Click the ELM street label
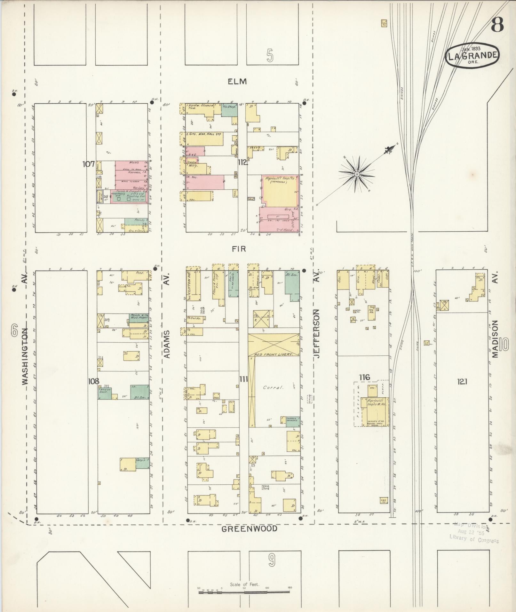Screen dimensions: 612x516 coord(237,82)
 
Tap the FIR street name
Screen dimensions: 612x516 coord(239,249)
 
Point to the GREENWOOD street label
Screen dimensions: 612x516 coord(250,529)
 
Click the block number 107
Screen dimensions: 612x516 coord(88,164)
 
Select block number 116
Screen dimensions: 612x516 coord(364,378)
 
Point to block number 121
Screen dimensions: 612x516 coord(463,381)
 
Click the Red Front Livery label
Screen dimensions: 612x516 coord(274,355)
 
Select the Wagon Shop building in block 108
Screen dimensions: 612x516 coord(104,393)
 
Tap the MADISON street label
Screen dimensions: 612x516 coord(496,339)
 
